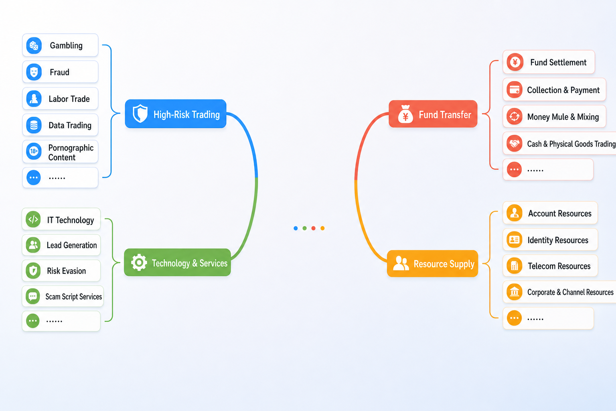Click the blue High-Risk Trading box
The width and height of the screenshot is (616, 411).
click(175, 114)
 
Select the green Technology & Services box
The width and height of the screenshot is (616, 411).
click(177, 262)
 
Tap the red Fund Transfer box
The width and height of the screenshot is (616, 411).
click(433, 114)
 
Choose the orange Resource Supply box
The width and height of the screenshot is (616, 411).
click(432, 263)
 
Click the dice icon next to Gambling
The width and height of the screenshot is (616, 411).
click(34, 45)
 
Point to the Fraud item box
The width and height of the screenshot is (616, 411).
click(60, 72)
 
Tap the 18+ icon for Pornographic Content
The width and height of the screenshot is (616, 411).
click(34, 151)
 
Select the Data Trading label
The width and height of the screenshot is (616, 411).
click(70, 125)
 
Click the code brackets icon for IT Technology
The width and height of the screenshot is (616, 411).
click(33, 220)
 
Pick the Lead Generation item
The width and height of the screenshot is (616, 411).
click(61, 245)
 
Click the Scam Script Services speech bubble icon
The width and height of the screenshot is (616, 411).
click(33, 297)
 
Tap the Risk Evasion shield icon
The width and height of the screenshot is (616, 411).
click(33, 271)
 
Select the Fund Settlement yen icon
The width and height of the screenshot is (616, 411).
click(515, 62)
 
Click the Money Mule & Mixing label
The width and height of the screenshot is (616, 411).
click(563, 117)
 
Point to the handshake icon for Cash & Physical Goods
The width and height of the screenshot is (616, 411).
click(515, 143)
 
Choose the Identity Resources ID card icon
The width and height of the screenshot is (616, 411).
click(514, 240)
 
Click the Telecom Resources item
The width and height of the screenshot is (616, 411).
click(550, 266)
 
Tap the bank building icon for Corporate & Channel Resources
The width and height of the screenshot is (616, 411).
click(514, 292)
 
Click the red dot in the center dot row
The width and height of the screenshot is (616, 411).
click(313, 228)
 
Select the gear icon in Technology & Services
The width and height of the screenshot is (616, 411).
click(139, 262)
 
